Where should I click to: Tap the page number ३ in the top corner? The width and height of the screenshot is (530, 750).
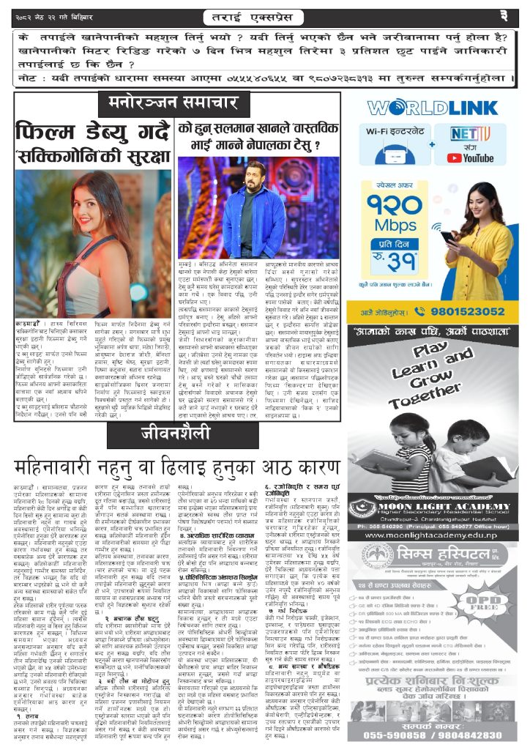(x=504, y=15)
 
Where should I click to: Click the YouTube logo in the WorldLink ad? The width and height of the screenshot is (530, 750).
(x=478, y=157)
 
